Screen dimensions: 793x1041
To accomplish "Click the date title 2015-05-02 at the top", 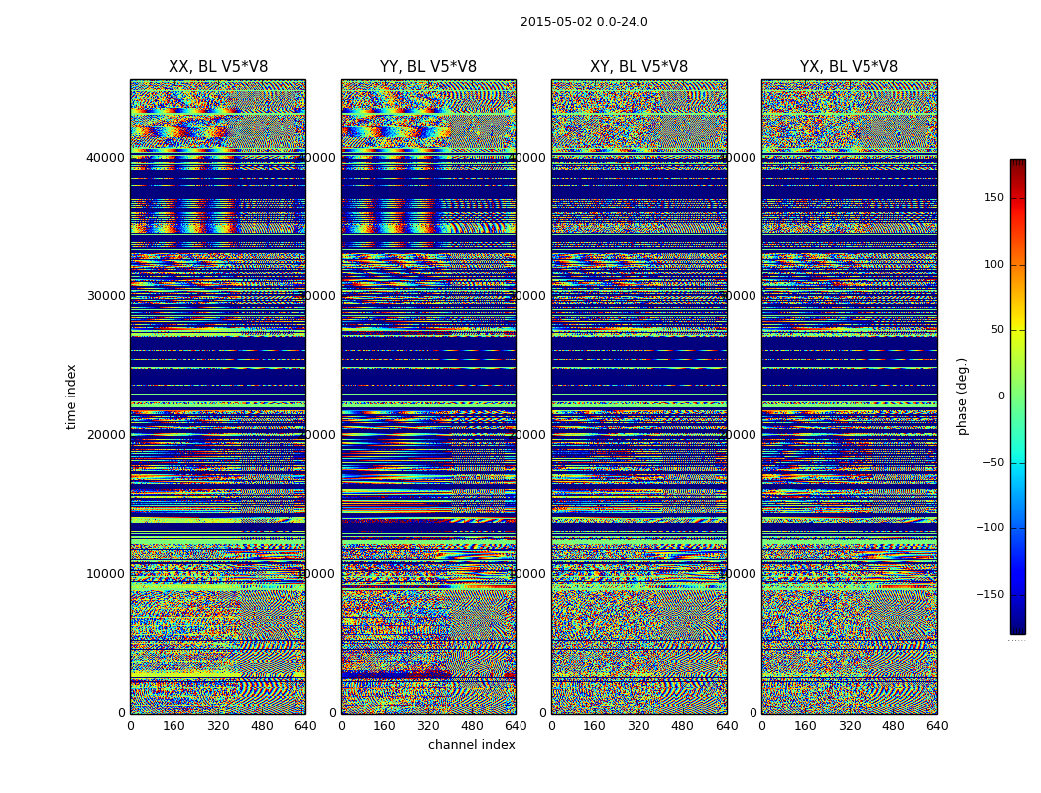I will point(584,22).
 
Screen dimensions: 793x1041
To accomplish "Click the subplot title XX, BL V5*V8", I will point(218,67).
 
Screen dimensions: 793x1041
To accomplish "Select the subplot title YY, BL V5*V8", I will point(428,67).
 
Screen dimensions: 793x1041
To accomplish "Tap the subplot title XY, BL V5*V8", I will point(639,67).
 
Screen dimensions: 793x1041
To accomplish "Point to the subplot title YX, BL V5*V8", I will point(849,67).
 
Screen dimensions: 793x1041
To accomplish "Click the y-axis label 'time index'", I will point(71,396).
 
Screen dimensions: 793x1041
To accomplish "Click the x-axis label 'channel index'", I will point(472,745).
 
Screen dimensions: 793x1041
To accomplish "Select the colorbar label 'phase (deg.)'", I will point(962,396).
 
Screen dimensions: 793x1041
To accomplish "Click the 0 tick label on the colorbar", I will point(1000,396).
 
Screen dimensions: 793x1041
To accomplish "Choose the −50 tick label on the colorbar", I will point(991,462).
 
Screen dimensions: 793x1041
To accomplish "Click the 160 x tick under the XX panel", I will point(173,726).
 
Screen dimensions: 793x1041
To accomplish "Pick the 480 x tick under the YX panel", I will point(893,726).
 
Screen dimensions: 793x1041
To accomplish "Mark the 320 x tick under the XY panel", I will point(638,726).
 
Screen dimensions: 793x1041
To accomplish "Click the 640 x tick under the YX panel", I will point(937,726).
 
